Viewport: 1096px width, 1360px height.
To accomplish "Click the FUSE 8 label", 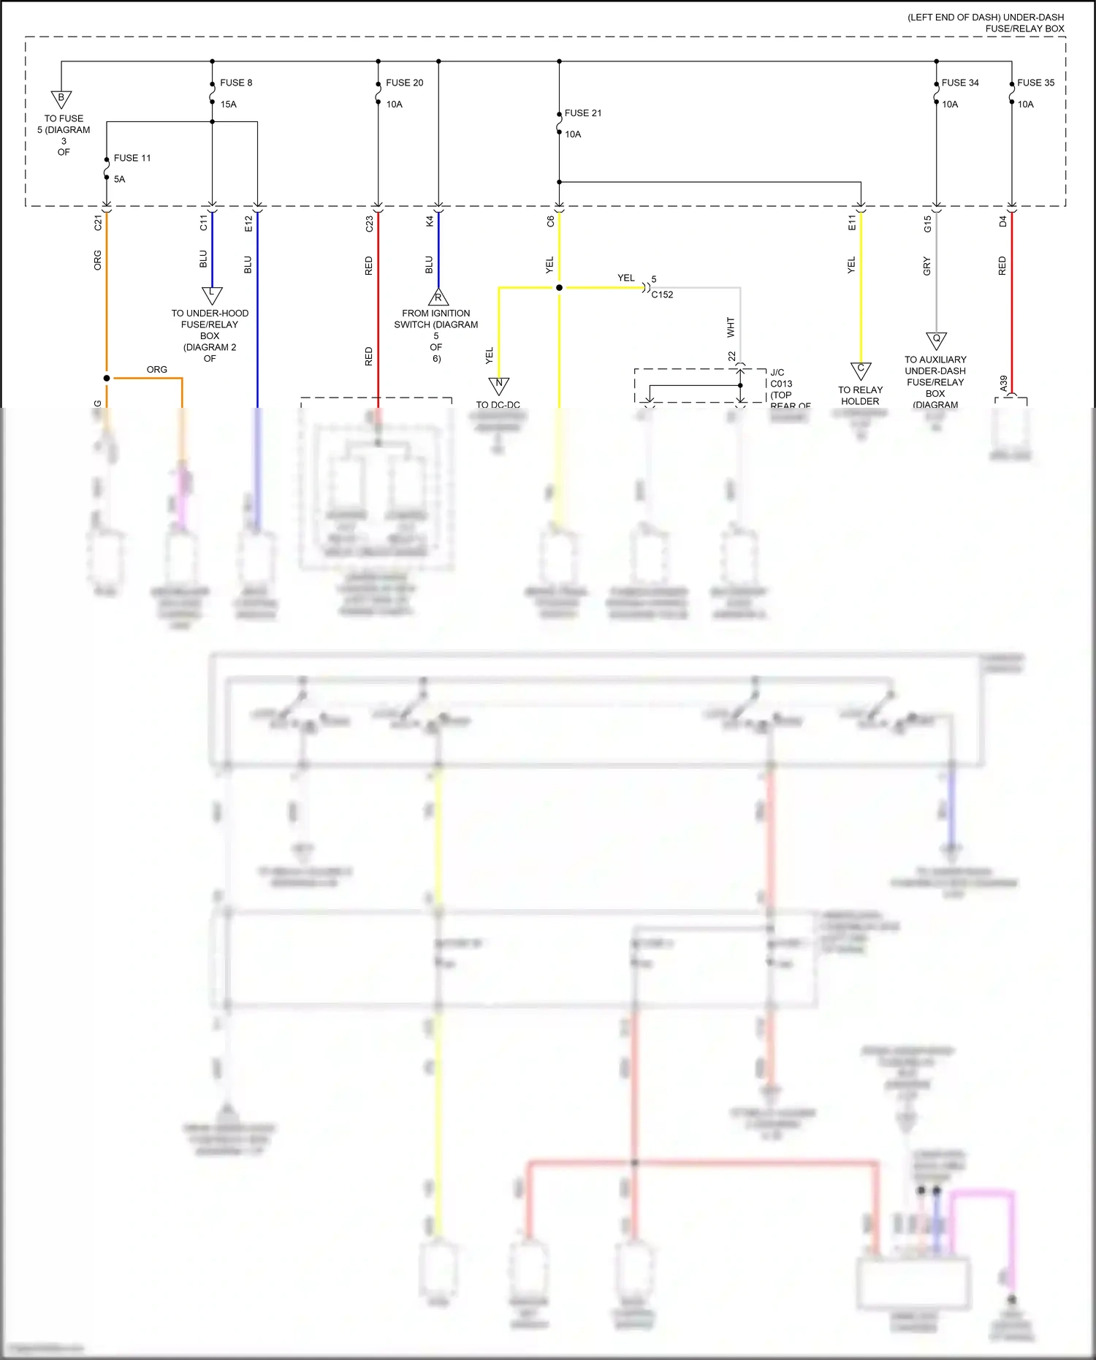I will coord(236,83).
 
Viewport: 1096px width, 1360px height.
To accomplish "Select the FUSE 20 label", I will coord(404,83).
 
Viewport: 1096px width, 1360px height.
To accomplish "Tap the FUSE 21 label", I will coord(583,113).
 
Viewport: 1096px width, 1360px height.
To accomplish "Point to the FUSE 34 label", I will coord(960,83).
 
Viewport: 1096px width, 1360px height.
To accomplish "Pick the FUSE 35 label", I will coord(1035,83).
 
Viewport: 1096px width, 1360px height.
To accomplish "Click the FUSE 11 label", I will coord(132,158).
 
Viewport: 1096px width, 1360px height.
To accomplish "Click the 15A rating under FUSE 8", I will coord(229,105).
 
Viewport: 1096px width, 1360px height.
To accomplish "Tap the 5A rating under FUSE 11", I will coord(120,179).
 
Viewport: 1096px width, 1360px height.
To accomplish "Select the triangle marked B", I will coord(61,99).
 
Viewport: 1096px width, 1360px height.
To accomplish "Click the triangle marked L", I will coord(212,295).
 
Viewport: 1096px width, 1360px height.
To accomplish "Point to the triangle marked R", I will coord(438,297).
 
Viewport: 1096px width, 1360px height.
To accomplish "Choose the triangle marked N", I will coord(499,384).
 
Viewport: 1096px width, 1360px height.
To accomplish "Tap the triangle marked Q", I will coord(936,340).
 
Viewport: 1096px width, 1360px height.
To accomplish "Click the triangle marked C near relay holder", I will coord(861,370).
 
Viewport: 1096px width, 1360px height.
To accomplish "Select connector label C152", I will coord(662,295).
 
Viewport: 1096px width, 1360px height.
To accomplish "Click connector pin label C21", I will coord(98,223).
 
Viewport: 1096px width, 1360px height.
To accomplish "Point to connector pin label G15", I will coord(927,224).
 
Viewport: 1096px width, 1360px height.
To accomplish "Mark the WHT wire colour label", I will coord(731,327).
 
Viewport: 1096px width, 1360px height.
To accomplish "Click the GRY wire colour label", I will coord(927,266).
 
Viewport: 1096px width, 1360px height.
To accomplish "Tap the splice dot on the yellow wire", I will coord(559,288).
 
